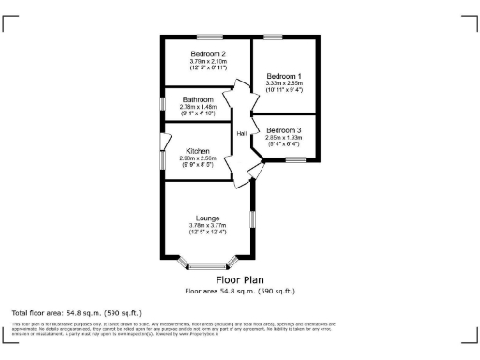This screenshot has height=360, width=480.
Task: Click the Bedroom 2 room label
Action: (209, 53)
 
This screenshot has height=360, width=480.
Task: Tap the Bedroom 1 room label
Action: (283, 76)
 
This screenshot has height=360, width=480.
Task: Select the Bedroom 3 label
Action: (283, 129)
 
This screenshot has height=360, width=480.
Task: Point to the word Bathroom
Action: (198, 99)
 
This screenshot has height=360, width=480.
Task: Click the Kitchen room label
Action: (198, 151)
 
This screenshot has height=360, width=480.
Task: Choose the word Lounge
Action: (207, 217)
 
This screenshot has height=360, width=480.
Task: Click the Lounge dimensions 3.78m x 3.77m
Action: (207, 225)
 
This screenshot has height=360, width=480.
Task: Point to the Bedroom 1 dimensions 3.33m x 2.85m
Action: (283, 83)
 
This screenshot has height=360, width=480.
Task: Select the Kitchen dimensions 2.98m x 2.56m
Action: (198, 158)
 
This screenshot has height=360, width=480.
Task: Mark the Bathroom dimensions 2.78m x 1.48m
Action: (198, 107)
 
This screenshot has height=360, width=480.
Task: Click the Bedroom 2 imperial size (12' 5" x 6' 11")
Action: (209, 68)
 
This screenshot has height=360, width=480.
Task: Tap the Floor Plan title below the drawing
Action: (240, 279)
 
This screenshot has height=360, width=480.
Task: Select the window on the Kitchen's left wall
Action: (161, 142)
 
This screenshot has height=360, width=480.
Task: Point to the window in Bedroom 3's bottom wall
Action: (297, 159)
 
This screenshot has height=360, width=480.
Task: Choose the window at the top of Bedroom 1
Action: (274, 37)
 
